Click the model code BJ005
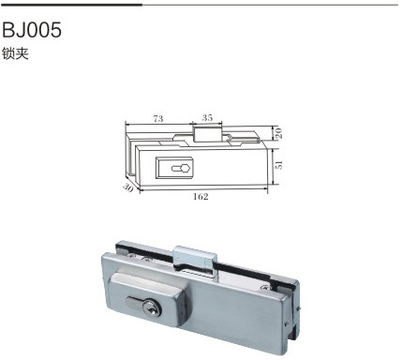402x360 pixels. click(32, 30)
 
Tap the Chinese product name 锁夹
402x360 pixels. click(15, 53)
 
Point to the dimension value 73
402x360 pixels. click(158, 119)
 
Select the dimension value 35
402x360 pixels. click(207, 118)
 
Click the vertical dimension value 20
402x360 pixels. click(278, 133)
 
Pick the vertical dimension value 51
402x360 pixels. click(278, 165)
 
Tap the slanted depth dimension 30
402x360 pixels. click(127, 187)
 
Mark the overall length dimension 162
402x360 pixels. click(201, 197)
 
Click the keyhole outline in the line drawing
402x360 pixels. click(181, 168)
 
